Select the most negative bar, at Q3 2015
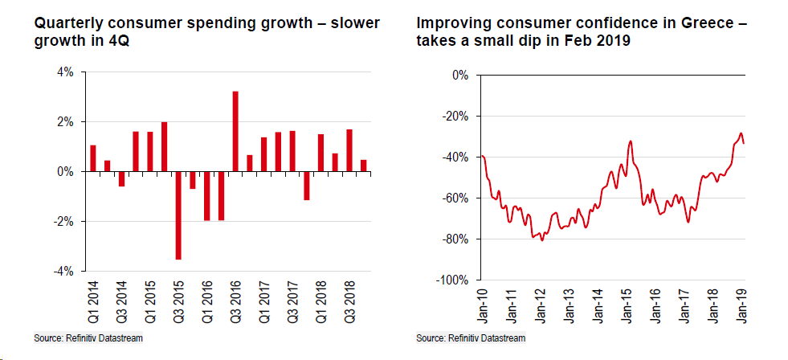click(178, 215)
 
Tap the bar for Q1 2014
click(93, 158)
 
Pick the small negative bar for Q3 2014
click(122, 178)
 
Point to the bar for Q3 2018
click(349, 150)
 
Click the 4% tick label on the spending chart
click(64, 72)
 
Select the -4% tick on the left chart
click(63, 271)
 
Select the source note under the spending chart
click(88, 338)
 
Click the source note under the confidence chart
click(471, 338)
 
